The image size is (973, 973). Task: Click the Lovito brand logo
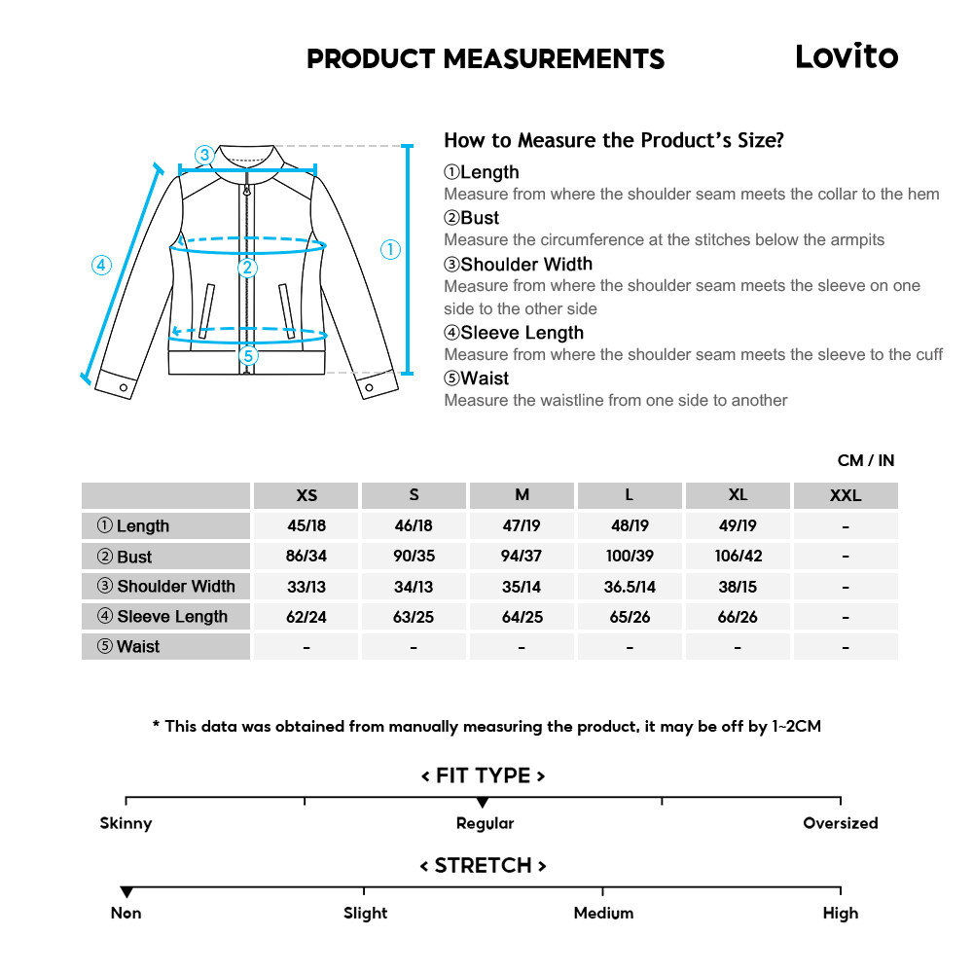tap(846, 56)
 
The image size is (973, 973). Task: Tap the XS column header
tap(306, 495)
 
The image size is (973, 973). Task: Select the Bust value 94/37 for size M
tap(522, 557)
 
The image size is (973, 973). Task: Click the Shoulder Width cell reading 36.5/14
tap(630, 587)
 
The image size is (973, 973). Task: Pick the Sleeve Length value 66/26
tap(738, 617)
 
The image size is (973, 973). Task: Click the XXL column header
tap(845, 495)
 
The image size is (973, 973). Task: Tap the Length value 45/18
tap(306, 526)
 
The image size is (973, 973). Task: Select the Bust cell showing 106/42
tap(738, 557)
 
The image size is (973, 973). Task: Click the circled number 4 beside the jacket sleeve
tap(102, 265)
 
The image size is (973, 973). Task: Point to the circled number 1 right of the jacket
tap(390, 250)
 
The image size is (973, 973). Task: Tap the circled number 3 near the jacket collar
tap(203, 155)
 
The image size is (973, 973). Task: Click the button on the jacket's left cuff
tap(124, 387)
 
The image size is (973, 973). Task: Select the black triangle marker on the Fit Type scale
tap(483, 803)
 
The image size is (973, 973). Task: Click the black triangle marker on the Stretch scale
tap(126, 892)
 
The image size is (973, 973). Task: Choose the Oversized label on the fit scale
tap(840, 823)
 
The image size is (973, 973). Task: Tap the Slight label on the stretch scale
tap(365, 914)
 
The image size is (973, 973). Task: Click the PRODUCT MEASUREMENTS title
tap(486, 59)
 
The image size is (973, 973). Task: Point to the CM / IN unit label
tap(865, 460)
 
